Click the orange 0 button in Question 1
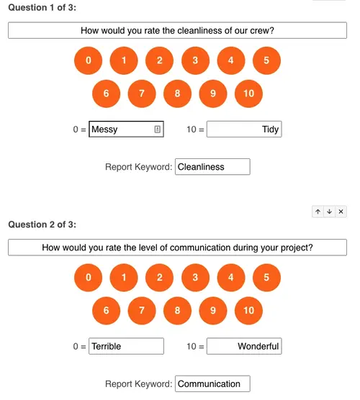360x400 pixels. pos(88,60)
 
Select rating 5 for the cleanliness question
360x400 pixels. pos(266,60)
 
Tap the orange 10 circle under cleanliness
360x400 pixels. pos(248,94)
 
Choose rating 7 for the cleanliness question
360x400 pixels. pos(142,94)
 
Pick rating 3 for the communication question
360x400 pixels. pos(195,278)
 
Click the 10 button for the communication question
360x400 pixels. pos(248,311)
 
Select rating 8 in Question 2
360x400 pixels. pos(177,311)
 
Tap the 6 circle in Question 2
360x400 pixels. pos(106,311)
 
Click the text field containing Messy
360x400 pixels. pos(126,129)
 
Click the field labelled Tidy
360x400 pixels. pos(244,129)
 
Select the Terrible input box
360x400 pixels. pos(126,346)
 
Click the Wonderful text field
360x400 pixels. pos(244,346)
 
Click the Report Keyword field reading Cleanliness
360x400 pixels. pos(212,167)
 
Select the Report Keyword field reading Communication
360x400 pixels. pos(212,383)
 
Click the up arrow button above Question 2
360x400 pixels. pos(318,212)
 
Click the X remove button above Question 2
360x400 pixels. pos(341,212)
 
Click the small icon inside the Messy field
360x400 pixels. pos(157,129)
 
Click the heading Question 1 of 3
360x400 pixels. pos(42,8)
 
